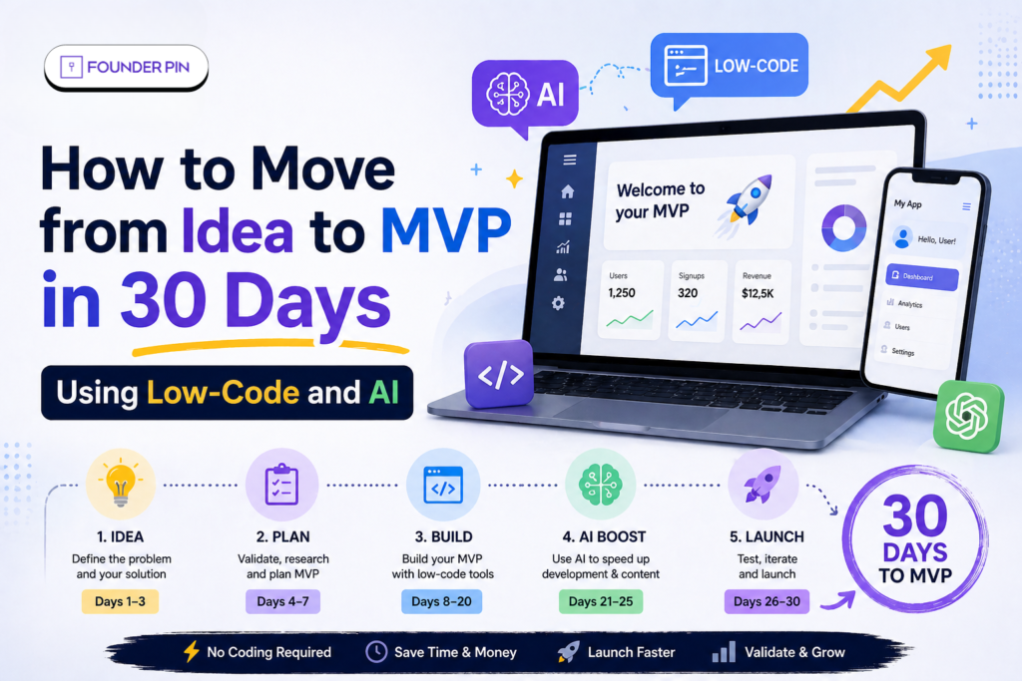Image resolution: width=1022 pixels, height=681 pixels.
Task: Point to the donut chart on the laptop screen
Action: [x=843, y=227]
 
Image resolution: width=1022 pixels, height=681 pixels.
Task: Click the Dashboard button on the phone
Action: [x=922, y=278]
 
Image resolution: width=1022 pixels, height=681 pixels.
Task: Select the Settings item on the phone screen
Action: [x=902, y=351]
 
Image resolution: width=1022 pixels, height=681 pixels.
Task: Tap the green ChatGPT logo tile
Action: [x=967, y=416]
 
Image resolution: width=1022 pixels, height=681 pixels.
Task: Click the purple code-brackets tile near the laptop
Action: [x=499, y=375]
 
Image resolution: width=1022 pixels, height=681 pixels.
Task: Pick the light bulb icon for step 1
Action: [x=121, y=485]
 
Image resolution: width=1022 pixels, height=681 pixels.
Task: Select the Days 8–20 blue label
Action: [x=441, y=601]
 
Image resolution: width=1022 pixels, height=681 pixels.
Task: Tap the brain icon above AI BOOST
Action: [x=601, y=485]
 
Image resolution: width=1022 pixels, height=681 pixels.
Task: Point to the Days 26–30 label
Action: [x=766, y=601]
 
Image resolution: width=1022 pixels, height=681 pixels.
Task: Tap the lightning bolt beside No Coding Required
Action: [x=192, y=652]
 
